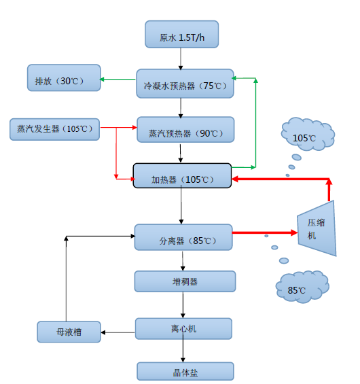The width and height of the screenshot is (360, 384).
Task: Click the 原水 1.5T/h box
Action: click(182, 35)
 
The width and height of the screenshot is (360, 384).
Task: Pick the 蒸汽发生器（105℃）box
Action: click(54, 128)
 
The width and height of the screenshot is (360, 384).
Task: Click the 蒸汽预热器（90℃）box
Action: click(185, 131)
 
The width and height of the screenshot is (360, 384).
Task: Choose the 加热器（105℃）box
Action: click(182, 179)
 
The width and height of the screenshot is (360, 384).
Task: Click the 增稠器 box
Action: click(185, 281)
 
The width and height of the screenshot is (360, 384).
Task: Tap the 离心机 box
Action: click(184, 328)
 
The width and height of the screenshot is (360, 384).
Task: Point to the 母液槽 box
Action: click(69, 332)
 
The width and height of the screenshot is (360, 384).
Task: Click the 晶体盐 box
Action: click(185, 372)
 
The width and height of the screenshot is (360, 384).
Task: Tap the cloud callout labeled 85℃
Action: click(301, 289)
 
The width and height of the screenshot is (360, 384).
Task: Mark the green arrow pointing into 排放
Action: click(118, 80)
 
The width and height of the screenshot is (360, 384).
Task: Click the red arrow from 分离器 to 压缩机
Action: click(265, 232)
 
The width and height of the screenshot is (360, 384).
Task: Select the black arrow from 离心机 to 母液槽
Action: click(118, 332)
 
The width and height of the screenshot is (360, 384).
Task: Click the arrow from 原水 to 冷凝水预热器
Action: click(181, 58)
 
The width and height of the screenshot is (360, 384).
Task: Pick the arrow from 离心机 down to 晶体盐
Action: click(182, 351)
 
